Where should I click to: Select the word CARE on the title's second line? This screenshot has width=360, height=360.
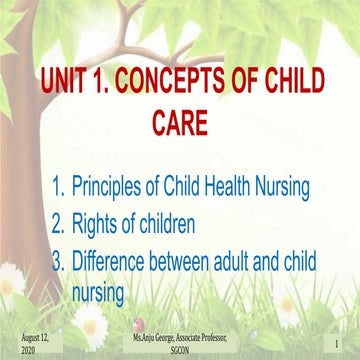tap(183, 121)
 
